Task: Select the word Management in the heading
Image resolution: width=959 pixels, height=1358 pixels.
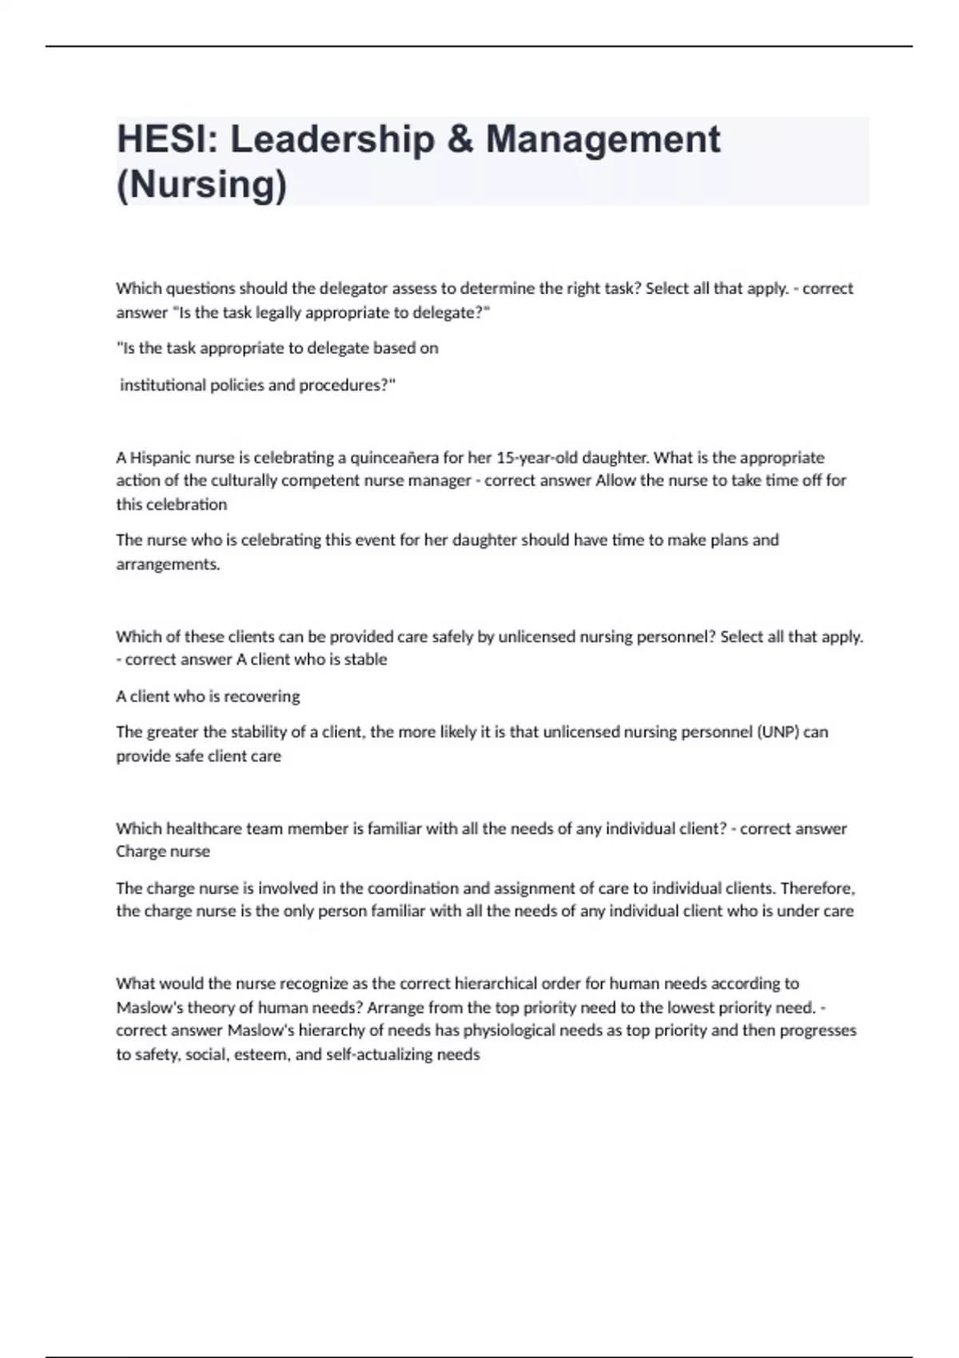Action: click(603, 140)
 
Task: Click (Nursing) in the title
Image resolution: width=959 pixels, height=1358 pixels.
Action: click(201, 185)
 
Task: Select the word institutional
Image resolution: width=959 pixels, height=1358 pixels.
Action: click(163, 385)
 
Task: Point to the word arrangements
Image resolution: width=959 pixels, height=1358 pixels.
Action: click(167, 564)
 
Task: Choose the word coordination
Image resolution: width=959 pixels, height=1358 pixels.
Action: click(412, 888)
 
